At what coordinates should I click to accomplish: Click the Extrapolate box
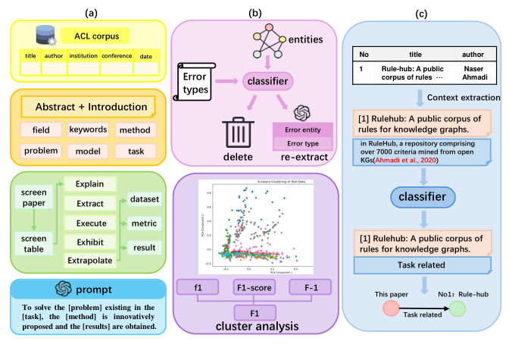89,259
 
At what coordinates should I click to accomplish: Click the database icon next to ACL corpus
46,35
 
